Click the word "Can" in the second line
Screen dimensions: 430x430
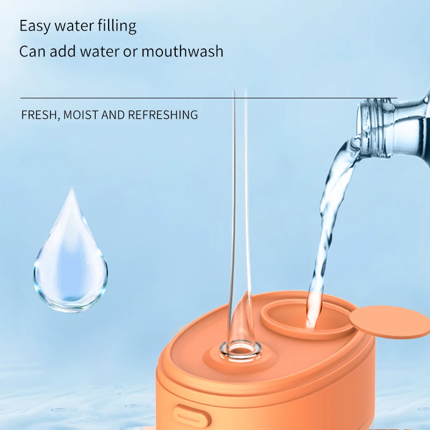32,52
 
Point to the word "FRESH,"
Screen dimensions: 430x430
39,114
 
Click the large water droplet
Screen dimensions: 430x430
70,255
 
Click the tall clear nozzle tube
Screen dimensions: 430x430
239,215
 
